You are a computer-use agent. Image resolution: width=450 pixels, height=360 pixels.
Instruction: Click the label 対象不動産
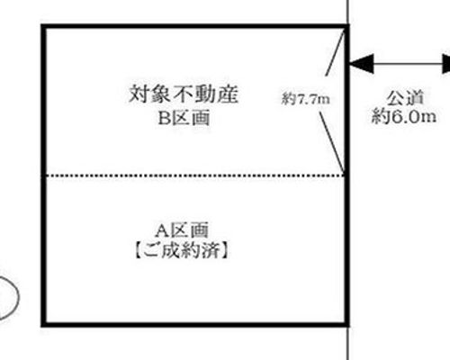(184, 94)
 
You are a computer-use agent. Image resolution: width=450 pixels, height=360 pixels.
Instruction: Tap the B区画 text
(184, 118)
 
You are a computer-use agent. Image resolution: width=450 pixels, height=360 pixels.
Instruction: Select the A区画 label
(182, 230)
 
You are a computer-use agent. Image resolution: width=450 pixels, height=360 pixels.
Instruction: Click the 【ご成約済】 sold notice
(182, 250)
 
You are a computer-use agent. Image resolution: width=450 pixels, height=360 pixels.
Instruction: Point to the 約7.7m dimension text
(306, 99)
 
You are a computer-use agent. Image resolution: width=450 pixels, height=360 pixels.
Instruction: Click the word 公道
(405, 98)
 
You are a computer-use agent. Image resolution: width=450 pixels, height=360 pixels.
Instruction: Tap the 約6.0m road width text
(404, 116)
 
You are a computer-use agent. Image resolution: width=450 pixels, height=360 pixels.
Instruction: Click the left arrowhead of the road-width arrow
(362, 64)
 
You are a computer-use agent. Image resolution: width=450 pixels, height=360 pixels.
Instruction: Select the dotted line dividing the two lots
(195, 175)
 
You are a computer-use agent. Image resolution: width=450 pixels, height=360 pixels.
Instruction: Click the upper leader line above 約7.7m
(335, 52)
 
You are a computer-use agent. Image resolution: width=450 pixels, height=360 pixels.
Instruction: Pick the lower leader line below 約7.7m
(332, 142)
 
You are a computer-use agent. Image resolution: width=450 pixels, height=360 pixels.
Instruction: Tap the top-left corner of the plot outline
(43, 26)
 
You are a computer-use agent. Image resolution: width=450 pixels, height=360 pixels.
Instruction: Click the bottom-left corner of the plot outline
(43, 324)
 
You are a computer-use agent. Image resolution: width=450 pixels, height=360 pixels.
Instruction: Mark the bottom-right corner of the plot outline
(347, 324)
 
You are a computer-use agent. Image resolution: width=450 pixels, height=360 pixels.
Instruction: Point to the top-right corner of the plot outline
(347, 26)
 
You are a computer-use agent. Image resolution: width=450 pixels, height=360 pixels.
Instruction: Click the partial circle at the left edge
(18, 295)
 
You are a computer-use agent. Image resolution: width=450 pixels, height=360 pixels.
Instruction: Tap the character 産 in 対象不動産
(229, 94)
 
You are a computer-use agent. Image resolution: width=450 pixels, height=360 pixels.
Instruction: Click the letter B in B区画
(164, 118)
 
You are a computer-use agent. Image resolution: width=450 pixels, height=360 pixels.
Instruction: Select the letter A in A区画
(162, 230)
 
